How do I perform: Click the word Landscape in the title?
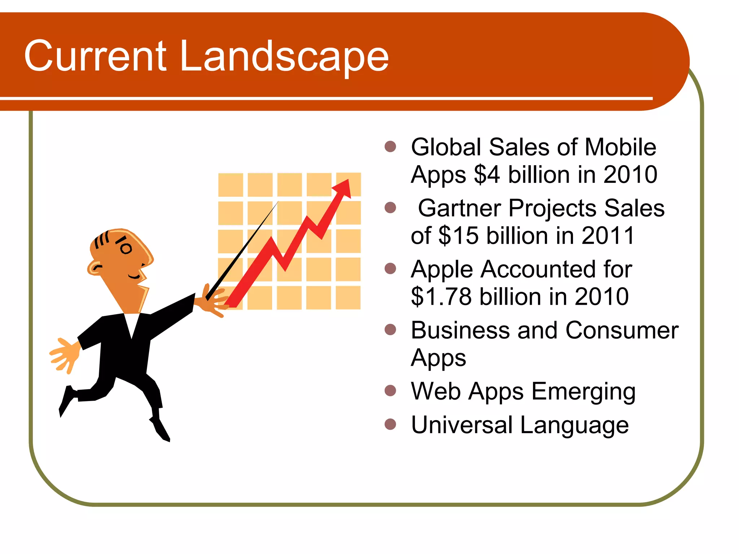(284, 57)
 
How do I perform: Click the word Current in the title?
(96, 56)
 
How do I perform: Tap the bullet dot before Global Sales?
(390, 146)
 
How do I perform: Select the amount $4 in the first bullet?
(487, 175)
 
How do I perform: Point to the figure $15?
(458, 236)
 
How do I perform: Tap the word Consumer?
(622, 330)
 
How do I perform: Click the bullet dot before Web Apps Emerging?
(390, 391)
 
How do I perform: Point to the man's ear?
(95, 268)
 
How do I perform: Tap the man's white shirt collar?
(132, 323)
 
